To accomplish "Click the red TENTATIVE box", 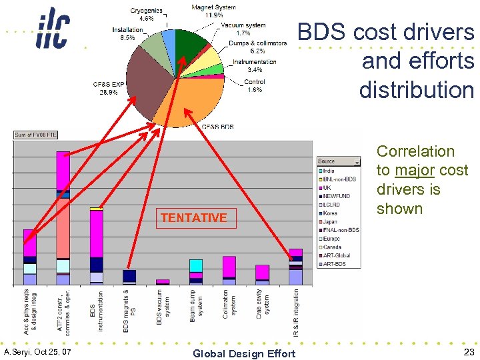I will pos(196,217).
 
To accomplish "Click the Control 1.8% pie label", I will pos(255,86).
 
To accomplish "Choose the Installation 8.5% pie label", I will pos(127,34).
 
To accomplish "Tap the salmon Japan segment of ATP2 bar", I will pos(63,227).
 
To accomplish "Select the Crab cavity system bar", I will pos(262,275).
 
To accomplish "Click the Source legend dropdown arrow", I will pos(357,161).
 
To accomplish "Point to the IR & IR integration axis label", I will pos(295,312).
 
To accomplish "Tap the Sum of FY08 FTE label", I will pos(36,135).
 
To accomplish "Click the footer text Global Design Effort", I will pos(243,353).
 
